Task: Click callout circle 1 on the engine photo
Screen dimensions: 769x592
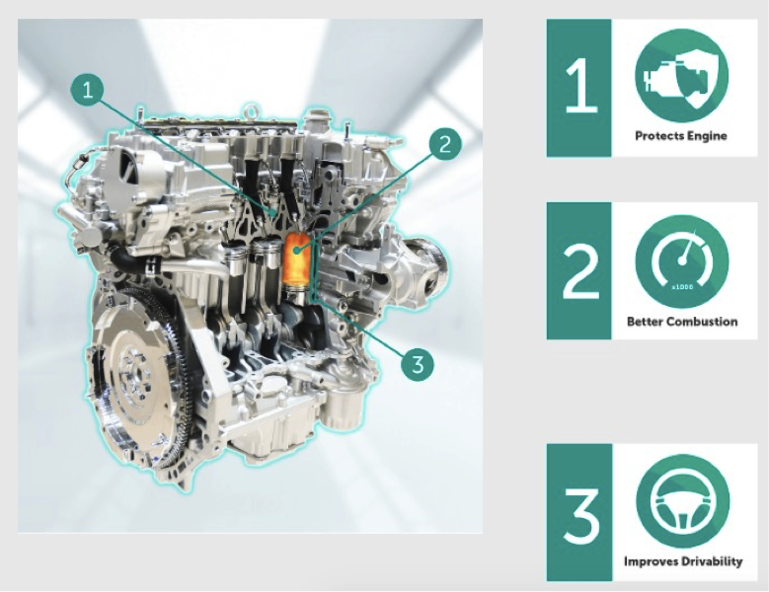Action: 87,90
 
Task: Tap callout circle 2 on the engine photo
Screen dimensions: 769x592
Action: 445,145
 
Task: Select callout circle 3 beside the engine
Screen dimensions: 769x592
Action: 418,365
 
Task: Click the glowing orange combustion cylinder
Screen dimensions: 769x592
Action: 296,259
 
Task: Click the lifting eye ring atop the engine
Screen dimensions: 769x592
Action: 251,111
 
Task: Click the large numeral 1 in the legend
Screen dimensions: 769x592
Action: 579,87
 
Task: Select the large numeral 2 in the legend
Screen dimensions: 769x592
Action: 580,271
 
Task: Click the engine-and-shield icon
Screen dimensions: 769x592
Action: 682,75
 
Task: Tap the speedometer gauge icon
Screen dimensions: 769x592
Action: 682,261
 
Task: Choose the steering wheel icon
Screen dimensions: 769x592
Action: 683,501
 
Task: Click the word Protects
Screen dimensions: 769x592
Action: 657,136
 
